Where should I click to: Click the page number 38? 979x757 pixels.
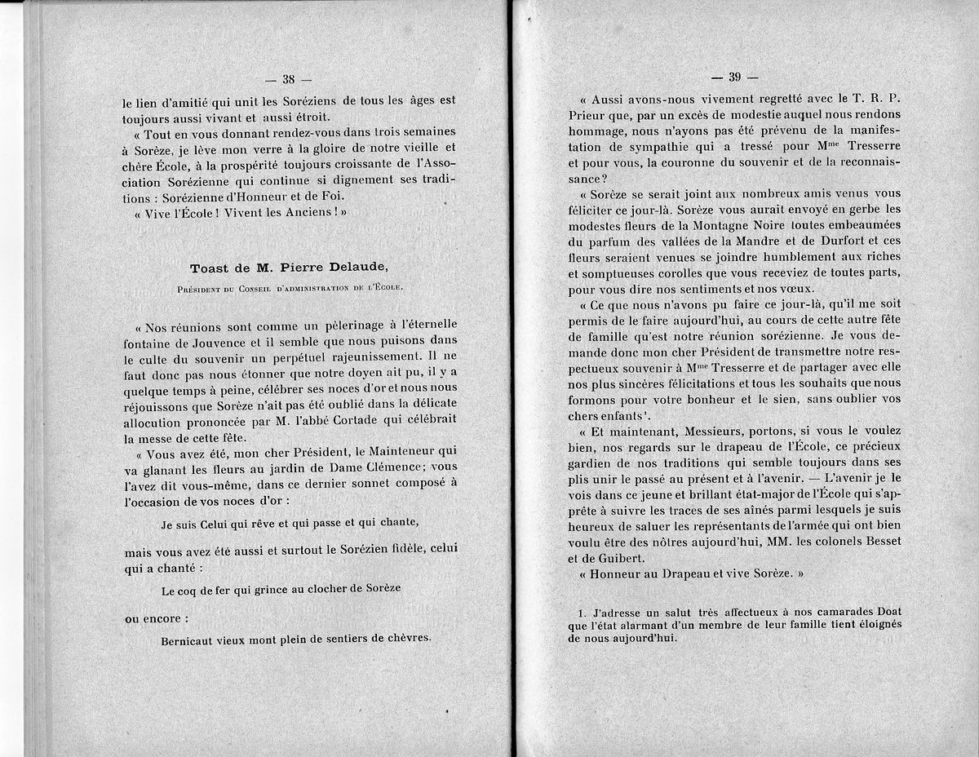288,80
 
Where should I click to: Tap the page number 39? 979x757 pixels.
734,78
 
